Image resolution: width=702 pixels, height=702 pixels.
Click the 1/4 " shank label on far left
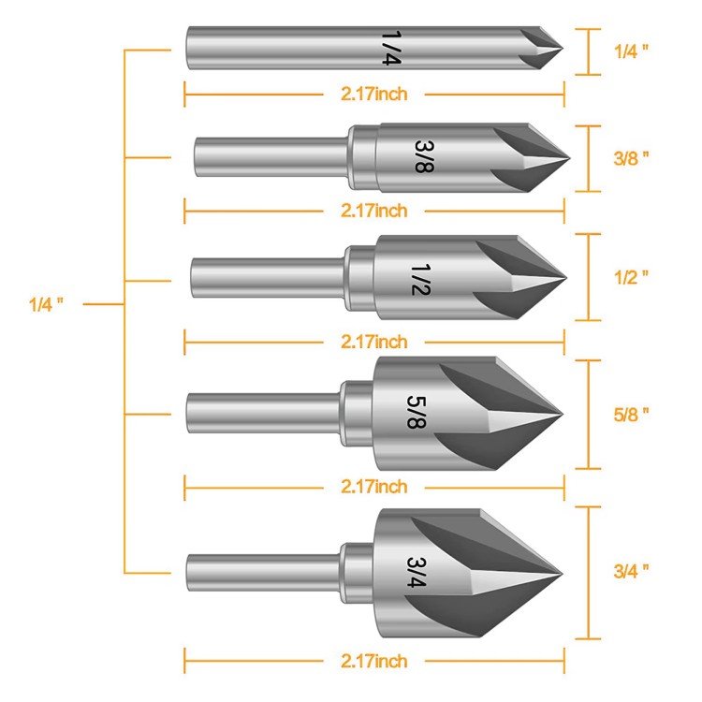(46, 304)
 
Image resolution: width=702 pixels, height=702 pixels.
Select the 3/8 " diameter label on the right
(631, 157)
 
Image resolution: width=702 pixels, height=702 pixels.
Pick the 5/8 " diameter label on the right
(631, 413)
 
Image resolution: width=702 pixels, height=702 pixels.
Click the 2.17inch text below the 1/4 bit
(373, 94)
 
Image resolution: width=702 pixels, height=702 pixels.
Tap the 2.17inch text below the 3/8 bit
(373, 211)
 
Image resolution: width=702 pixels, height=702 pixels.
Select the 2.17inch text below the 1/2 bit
(373, 342)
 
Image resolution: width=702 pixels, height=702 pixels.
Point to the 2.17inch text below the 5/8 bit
(373, 487)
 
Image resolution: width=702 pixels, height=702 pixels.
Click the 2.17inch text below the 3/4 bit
(373, 661)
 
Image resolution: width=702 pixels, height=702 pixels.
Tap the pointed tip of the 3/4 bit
(560, 571)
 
